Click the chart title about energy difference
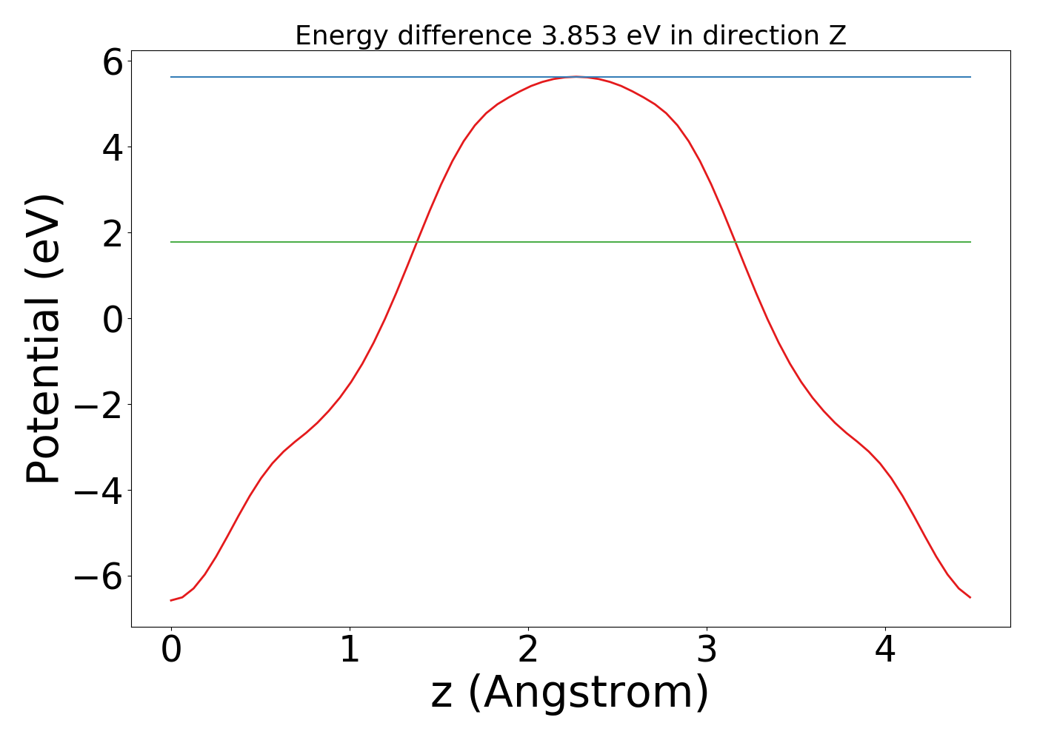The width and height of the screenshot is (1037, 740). point(570,36)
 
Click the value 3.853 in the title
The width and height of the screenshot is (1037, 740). point(578,36)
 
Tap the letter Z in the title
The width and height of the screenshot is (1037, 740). point(837,36)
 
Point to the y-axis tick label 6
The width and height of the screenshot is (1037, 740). point(113,62)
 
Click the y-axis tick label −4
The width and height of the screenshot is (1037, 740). point(99,491)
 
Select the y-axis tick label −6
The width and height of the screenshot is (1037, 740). point(99,576)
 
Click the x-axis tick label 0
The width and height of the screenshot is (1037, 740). point(171,651)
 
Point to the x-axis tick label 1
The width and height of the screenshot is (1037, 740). point(350,651)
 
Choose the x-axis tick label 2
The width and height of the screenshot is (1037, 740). point(528,651)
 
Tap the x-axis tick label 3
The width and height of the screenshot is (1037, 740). point(707,651)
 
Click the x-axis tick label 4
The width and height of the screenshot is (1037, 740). point(885,651)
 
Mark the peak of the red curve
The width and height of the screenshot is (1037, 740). point(576,76)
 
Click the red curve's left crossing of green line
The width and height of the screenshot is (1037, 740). point(418,242)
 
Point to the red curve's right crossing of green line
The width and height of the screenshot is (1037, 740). point(735,242)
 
